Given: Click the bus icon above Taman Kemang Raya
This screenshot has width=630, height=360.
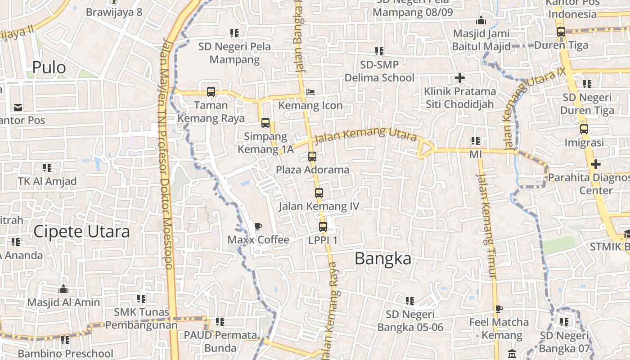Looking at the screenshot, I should pyautogui.click(x=211, y=92).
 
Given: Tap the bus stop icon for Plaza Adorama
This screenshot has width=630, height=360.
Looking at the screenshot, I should pyautogui.click(x=312, y=157).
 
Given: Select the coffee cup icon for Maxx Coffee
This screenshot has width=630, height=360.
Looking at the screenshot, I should pyautogui.click(x=258, y=226).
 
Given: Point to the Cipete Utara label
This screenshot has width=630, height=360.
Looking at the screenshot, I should pyautogui.click(x=81, y=231).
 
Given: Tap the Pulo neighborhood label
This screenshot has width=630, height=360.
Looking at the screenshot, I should pyautogui.click(x=49, y=67).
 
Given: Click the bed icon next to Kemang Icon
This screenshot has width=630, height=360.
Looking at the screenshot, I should pyautogui.click(x=310, y=92).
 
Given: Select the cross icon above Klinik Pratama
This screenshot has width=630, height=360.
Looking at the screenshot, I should pyautogui.click(x=459, y=78).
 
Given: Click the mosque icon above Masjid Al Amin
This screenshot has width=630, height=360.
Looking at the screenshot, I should pyautogui.click(x=63, y=289).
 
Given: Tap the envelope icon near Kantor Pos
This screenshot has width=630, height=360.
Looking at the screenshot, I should pyautogui.click(x=18, y=107).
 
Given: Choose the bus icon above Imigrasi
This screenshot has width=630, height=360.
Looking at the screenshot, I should pyautogui.click(x=584, y=129).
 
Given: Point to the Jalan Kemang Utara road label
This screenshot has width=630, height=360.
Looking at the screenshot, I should pyautogui.click(x=365, y=135).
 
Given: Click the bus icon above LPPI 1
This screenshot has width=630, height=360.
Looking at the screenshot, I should pyautogui.click(x=323, y=227).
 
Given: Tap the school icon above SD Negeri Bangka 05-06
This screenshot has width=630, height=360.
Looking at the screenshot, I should pyautogui.click(x=409, y=301).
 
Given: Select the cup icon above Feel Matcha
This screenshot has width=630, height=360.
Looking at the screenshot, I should pyautogui.click(x=498, y=309).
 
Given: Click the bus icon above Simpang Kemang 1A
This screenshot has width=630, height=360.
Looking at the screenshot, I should pyautogui.click(x=265, y=122).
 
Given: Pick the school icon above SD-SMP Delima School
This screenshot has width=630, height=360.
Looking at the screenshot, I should pyautogui.click(x=379, y=51).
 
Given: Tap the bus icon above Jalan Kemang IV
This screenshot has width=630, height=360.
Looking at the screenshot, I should pyautogui.click(x=319, y=193).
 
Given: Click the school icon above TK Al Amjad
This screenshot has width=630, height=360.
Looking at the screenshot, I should pyautogui.click(x=47, y=168).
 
